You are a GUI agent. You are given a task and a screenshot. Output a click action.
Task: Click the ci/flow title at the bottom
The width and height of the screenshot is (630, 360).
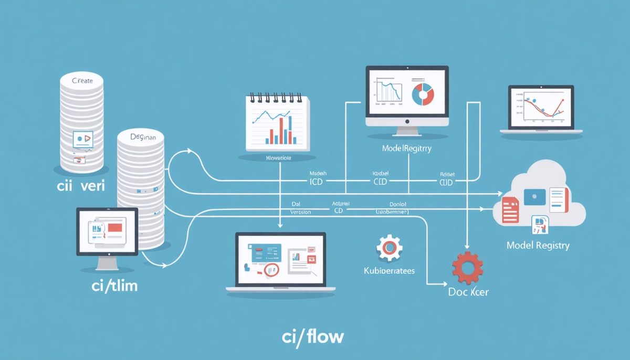pos(313,336)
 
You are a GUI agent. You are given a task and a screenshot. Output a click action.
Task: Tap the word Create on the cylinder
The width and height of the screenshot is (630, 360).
pos(81,80)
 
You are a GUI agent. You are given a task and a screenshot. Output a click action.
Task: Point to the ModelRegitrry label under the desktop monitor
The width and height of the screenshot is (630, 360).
pos(407,149)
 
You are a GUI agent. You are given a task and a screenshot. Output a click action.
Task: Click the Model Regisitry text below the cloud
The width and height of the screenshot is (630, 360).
pos(538,246)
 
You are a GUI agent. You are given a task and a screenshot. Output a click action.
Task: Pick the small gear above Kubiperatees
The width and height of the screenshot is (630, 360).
pos(389,248)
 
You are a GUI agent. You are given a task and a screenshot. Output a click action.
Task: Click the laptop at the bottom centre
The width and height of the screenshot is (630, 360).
pos(280,262)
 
